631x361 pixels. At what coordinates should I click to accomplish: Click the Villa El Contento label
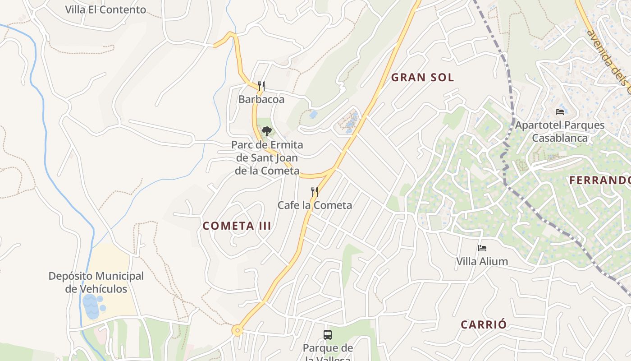pyautogui.click(x=105, y=9)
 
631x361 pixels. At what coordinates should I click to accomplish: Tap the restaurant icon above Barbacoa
pyautogui.click(x=261, y=86)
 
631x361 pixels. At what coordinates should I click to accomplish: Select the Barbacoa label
pyautogui.click(x=261, y=99)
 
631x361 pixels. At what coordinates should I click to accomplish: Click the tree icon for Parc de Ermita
pyautogui.click(x=267, y=131)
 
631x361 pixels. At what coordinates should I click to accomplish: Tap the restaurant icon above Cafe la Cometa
pyautogui.click(x=315, y=192)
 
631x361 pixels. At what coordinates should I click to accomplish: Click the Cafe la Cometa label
pyautogui.click(x=315, y=205)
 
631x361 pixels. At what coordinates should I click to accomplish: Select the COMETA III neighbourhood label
pyautogui.click(x=237, y=226)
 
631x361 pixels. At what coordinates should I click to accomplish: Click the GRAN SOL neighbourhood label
pyautogui.click(x=422, y=78)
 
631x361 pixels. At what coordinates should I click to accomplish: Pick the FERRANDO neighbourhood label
pyautogui.click(x=599, y=180)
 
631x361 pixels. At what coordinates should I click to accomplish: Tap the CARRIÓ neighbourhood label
pyautogui.click(x=484, y=324)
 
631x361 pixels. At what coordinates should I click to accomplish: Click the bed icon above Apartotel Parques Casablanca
pyautogui.click(x=560, y=112)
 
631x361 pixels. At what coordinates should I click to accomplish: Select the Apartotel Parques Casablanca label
pyautogui.click(x=560, y=131)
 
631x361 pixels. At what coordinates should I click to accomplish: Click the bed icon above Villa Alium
pyautogui.click(x=482, y=248)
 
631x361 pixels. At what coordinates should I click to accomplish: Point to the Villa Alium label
pyautogui.click(x=482, y=261)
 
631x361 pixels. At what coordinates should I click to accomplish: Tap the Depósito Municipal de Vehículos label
pyautogui.click(x=96, y=282)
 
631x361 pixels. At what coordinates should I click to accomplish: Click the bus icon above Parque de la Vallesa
pyautogui.click(x=328, y=335)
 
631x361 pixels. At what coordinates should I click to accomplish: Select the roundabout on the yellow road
pyautogui.click(x=238, y=331)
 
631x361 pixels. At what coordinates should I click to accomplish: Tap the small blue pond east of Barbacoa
pyautogui.click(x=313, y=115)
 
